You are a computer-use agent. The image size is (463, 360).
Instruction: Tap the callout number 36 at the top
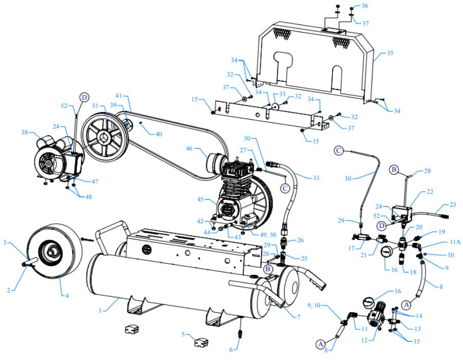(x=365, y=6)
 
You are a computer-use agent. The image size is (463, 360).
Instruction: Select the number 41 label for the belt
(x=119, y=96)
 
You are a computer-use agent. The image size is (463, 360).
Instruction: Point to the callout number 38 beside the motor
(x=24, y=133)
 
